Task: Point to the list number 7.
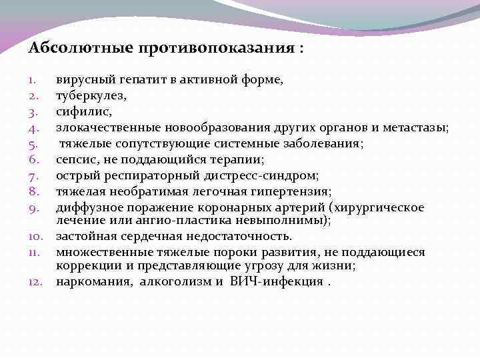[x=35, y=176]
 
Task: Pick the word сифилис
[x=78, y=112]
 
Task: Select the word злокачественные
[x=104, y=127]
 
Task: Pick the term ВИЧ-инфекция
[x=275, y=281]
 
